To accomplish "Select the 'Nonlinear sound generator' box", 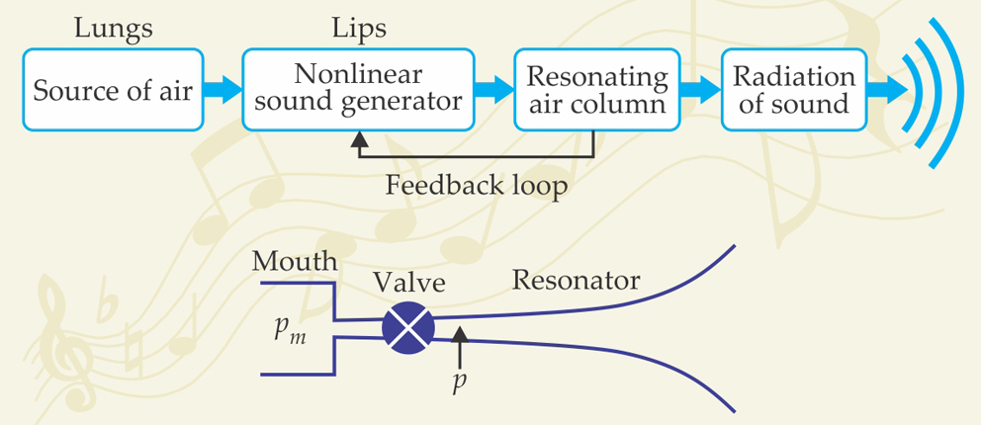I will click(354, 89).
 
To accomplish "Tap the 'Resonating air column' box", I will click(595, 90).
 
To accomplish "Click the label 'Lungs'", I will click(114, 29).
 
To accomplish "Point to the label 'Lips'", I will click(353, 29).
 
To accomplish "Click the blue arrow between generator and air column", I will click(489, 91).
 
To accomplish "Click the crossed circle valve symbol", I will click(407, 327).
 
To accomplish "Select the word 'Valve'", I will click(408, 284).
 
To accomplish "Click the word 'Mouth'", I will click(295, 262).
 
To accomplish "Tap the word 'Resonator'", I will click(576, 280).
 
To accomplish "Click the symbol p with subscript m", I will click(289, 329).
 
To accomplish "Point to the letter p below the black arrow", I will click(459, 382).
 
